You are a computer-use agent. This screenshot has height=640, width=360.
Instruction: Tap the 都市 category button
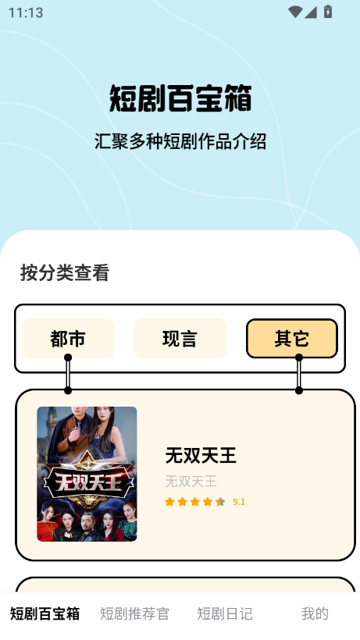68,339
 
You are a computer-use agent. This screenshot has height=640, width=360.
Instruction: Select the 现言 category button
180,339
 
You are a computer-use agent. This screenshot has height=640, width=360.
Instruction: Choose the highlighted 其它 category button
292,339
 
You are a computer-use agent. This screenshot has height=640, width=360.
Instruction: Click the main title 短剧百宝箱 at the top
180,98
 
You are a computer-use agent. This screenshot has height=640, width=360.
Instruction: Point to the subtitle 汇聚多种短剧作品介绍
180,141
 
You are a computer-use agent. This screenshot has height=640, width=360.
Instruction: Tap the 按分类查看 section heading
65,272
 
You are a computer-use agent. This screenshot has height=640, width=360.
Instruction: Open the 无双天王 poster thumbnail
87,474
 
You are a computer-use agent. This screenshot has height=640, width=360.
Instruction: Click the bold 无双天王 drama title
201,455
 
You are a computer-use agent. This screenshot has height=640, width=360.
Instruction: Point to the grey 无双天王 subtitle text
191,482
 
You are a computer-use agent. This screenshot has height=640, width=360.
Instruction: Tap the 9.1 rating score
239,502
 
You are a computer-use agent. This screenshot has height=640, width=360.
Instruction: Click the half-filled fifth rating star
220,502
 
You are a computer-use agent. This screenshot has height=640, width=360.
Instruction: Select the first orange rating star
169,502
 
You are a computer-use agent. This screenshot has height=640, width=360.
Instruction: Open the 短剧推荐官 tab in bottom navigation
134,614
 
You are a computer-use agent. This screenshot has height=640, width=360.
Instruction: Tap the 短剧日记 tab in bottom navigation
225,614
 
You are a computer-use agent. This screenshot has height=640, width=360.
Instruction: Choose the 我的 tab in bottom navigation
315,614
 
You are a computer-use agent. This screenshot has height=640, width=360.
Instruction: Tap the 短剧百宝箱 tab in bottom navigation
45,614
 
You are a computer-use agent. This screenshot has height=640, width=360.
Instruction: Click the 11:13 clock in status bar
26,12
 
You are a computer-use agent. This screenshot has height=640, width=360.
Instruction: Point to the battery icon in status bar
328,12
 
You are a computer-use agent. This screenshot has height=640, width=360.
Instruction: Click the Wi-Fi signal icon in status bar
295,12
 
